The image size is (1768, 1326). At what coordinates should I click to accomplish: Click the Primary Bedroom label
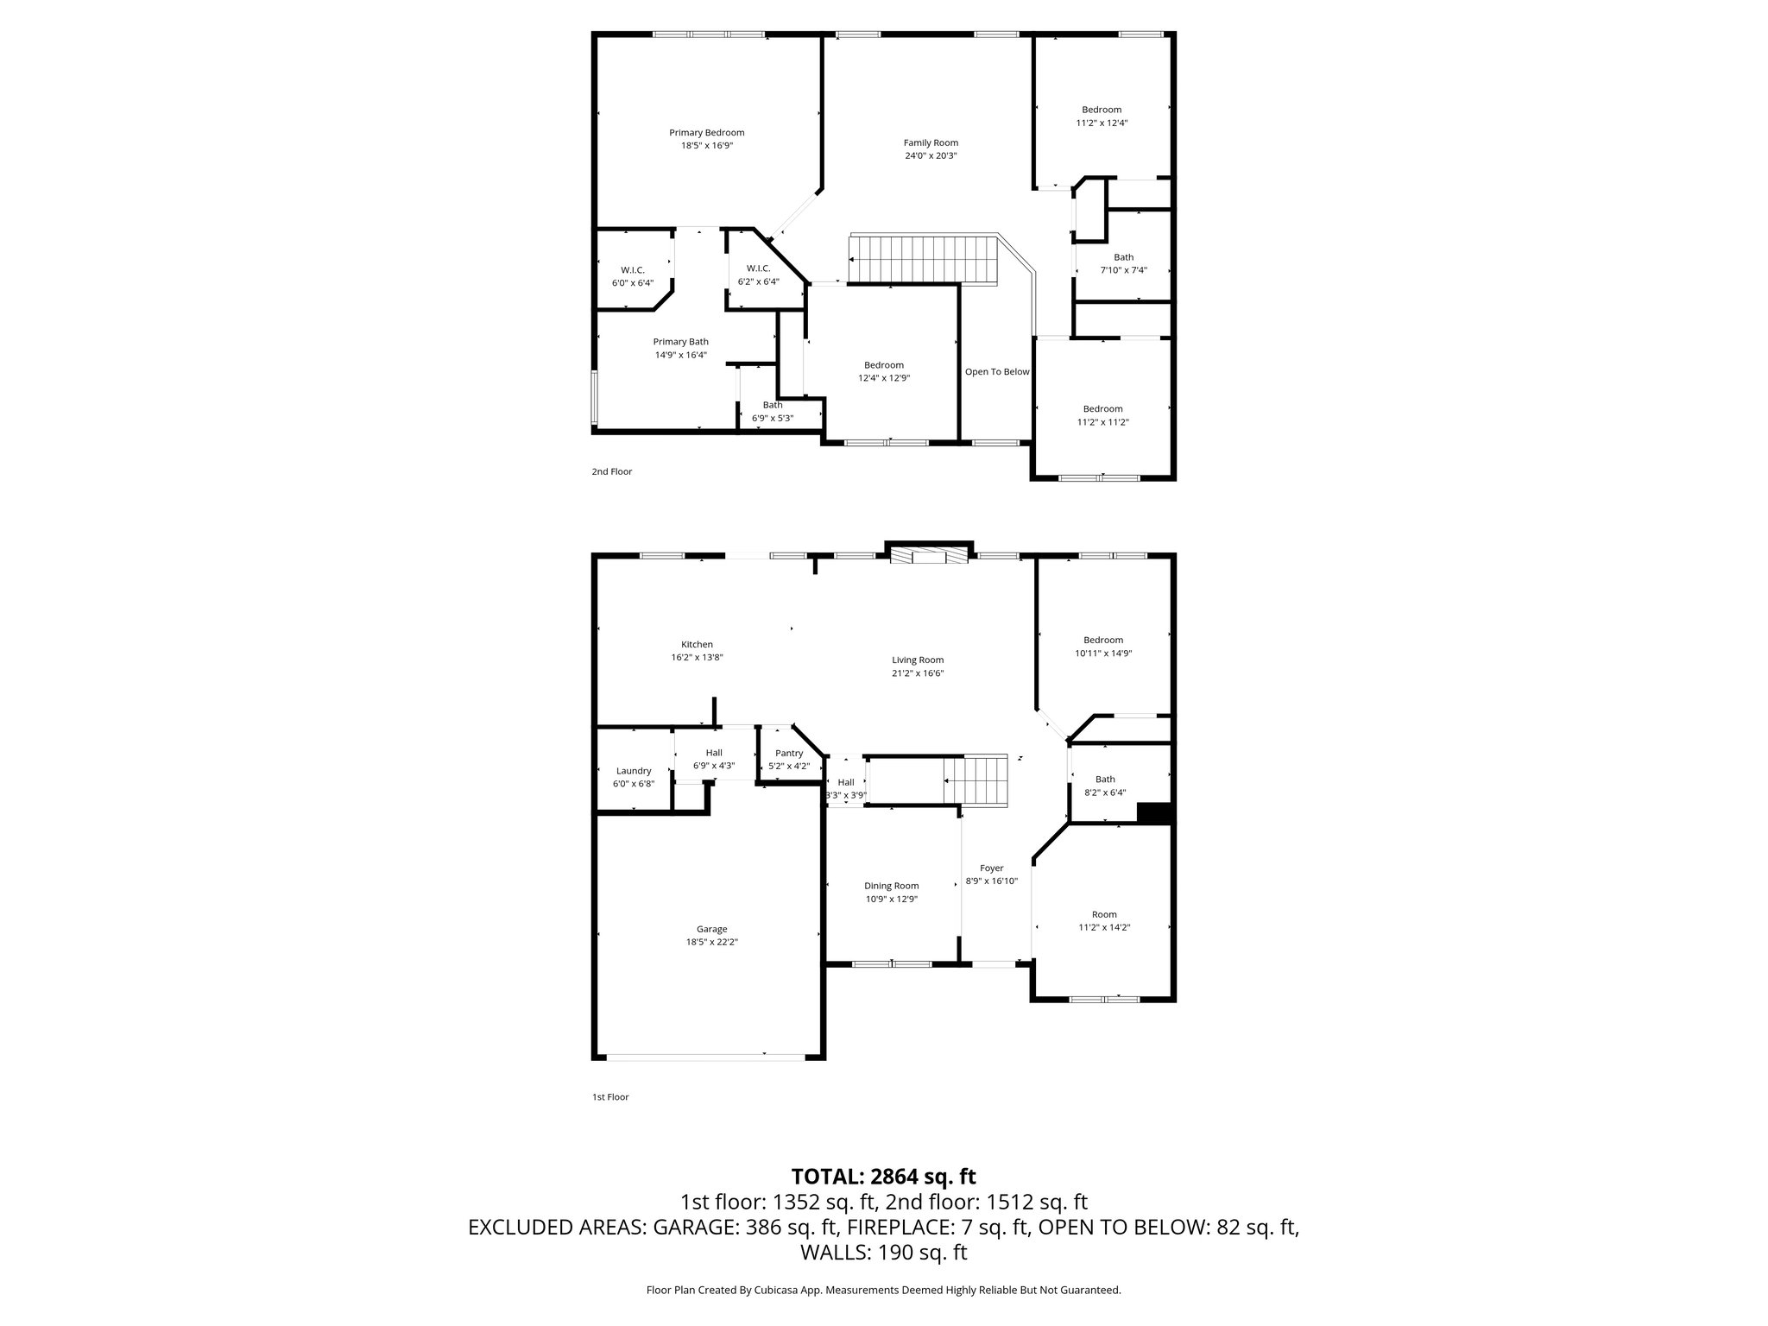pyautogui.click(x=706, y=132)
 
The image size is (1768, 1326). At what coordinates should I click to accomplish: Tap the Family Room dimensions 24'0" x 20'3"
pyautogui.click(x=931, y=156)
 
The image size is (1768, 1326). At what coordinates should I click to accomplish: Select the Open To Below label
pyautogui.click(x=997, y=372)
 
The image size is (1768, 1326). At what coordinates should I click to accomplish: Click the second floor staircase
pyautogui.click(x=924, y=260)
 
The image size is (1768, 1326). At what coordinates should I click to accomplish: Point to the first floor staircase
pyautogui.click(x=976, y=780)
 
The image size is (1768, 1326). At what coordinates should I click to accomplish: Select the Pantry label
pyautogui.click(x=789, y=754)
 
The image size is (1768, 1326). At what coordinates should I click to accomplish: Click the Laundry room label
pyautogui.click(x=634, y=771)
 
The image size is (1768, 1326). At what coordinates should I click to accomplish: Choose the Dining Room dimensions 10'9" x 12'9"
pyautogui.click(x=892, y=900)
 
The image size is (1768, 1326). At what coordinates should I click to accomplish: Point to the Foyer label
pyautogui.click(x=992, y=868)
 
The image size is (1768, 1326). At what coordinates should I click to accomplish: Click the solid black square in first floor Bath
pyautogui.click(x=1153, y=813)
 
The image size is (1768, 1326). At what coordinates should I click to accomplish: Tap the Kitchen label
pyautogui.click(x=697, y=644)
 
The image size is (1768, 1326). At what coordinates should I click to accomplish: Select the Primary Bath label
pyautogui.click(x=680, y=342)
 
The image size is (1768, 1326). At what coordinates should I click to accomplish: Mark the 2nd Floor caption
pyautogui.click(x=611, y=472)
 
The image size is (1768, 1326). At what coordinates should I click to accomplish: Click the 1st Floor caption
pyautogui.click(x=609, y=1097)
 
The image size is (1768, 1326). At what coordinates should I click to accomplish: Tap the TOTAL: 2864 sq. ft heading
pyautogui.click(x=883, y=1176)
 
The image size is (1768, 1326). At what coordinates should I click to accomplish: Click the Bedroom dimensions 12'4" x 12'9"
pyautogui.click(x=884, y=378)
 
